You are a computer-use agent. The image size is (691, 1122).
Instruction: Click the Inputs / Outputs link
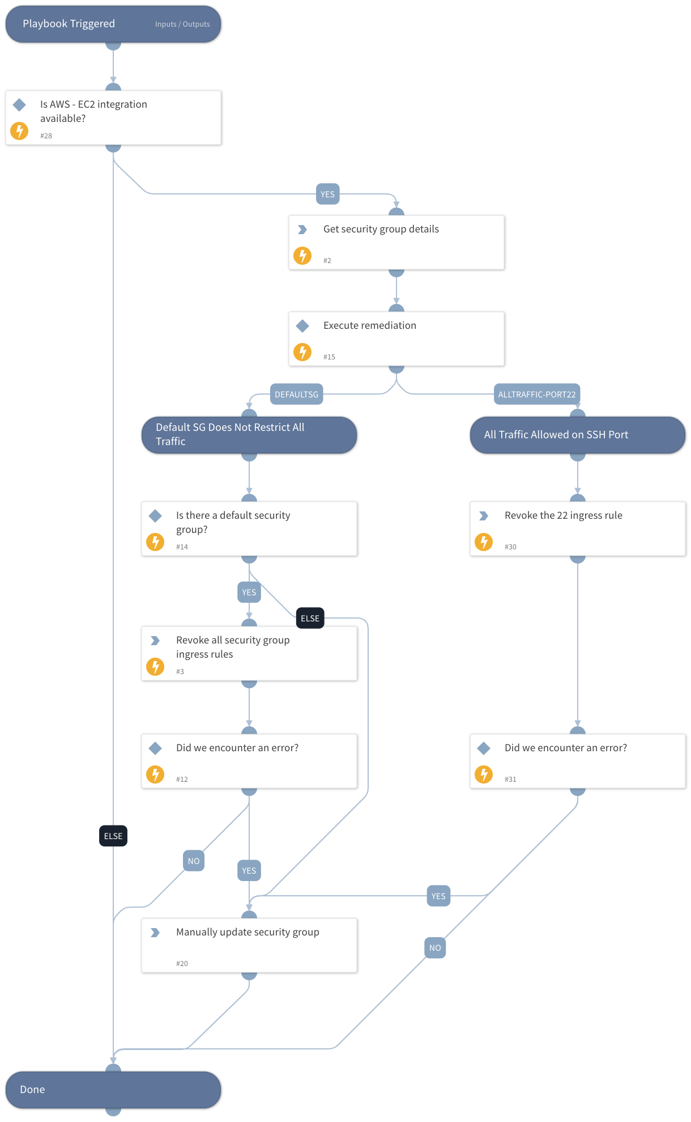pyautogui.click(x=182, y=24)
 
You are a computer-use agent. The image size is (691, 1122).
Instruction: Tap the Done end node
pyautogui.click(x=113, y=1089)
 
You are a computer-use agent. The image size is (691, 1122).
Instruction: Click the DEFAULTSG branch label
pyautogui.click(x=296, y=395)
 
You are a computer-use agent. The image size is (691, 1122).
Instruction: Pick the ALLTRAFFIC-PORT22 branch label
pyautogui.click(x=536, y=395)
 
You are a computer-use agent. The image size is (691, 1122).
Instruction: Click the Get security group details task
pyautogui.click(x=396, y=242)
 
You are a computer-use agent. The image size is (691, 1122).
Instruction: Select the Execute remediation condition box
pyautogui.click(x=396, y=338)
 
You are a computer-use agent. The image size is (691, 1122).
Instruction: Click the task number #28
pyautogui.click(x=46, y=136)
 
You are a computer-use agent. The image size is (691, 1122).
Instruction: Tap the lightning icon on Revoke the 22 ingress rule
pyautogui.click(x=483, y=541)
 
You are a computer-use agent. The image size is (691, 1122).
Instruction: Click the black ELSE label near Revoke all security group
pyautogui.click(x=310, y=619)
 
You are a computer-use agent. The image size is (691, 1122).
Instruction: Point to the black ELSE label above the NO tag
pyautogui.click(x=113, y=836)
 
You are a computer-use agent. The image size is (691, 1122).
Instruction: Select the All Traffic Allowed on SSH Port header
pyautogui.click(x=577, y=435)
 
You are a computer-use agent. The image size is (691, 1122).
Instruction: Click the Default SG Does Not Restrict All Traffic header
pyautogui.click(x=249, y=435)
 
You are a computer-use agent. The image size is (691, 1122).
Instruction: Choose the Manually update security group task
pyautogui.click(x=249, y=945)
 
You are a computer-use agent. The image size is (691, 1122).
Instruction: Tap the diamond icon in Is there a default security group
pyautogui.click(x=155, y=516)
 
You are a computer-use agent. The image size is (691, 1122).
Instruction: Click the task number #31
pyautogui.click(x=510, y=780)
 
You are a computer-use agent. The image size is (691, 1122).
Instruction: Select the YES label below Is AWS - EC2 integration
pyautogui.click(x=327, y=194)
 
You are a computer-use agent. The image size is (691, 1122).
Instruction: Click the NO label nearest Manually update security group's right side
pyautogui.click(x=434, y=948)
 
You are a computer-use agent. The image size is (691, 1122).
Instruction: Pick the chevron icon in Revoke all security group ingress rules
pyautogui.click(x=155, y=641)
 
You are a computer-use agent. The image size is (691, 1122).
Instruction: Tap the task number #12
pyautogui.click(x=182, y=780)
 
